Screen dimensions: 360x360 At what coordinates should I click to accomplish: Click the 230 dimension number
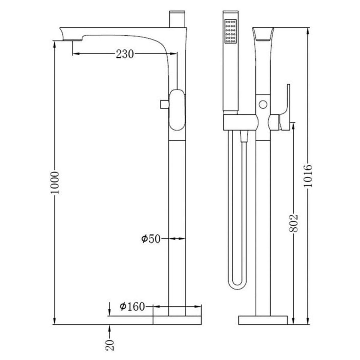[125, 54]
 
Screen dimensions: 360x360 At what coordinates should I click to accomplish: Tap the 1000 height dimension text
[55, 182]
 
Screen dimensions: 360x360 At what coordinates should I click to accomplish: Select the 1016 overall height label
[308, 175]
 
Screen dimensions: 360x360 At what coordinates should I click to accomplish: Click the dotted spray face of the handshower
[231, 31]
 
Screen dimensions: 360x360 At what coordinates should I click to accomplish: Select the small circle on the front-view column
[263, 104]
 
